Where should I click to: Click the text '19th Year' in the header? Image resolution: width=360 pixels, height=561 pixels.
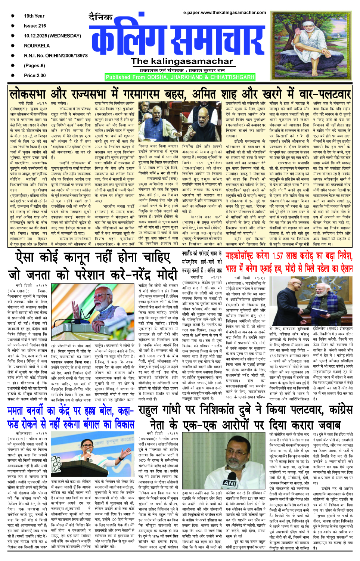point(34,16)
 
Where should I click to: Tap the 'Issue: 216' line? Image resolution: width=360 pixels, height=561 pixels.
point(35,26)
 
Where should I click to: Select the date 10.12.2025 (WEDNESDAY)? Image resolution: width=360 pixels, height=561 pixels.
point(52,36)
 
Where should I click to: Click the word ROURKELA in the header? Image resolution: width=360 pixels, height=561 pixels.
point(37,46)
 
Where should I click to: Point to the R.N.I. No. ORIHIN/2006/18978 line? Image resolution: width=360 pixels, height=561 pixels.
point(56,56)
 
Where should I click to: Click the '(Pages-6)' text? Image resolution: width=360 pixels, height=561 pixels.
point(34,65)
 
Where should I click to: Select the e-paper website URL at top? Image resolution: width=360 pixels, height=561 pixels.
point(224,13)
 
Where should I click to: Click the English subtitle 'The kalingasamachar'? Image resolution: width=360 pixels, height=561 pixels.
point(182,62)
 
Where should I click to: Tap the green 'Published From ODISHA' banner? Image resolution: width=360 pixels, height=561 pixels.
point(180,77)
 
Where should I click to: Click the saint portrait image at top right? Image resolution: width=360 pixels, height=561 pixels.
point(312,45)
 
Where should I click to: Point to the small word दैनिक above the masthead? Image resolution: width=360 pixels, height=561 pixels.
point(100,17)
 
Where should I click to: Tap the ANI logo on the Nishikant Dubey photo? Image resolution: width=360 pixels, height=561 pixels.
point(229,483)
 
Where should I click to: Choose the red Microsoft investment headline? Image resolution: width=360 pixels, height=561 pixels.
point(289,262)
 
